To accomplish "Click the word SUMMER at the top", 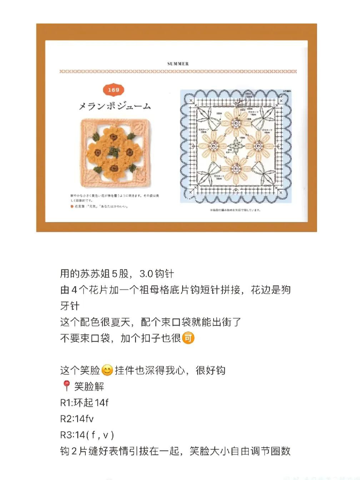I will click(178, 64).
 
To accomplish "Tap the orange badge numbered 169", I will click(113, 90).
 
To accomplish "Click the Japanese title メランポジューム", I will click(115, 106).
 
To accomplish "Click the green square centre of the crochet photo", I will click(114, 152).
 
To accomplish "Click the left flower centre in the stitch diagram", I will click(213, 146).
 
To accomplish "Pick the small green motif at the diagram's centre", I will click(236, 146).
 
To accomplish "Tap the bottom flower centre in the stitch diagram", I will click(236, 168).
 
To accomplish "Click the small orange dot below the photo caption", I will click(72, 206).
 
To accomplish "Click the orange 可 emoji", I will click(188, 338).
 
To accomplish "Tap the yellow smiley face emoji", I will click(107, 370).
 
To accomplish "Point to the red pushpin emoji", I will click(66, 386).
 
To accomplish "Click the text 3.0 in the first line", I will click(146, 274).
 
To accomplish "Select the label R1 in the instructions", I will click(66, 403).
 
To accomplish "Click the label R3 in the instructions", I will click(66, 435).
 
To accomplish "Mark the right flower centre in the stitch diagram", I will click(259, 146).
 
